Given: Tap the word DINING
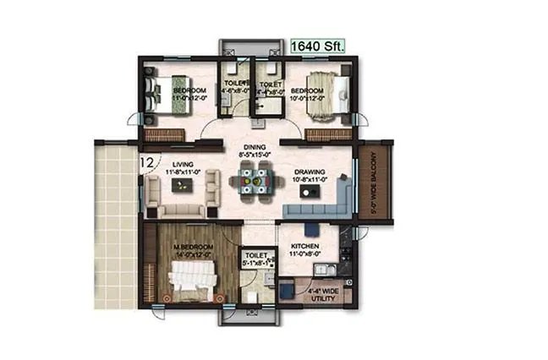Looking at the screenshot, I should pyautogui.click(x=254, y=146).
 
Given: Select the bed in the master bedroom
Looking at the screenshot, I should pyautogui.click(x=195, y=276).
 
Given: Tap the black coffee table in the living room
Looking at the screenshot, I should pyautogui.click(x=182, y=187).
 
